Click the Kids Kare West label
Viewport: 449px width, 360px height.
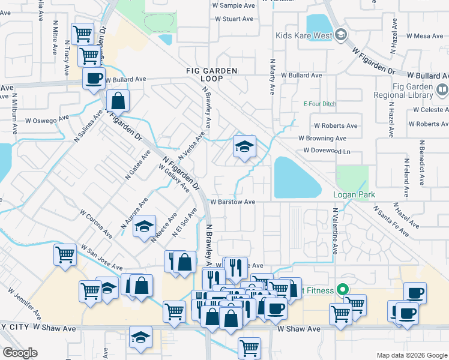point(303,35)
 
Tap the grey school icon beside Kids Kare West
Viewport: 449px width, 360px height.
point(341,35)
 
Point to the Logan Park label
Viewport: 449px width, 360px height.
point(354,194)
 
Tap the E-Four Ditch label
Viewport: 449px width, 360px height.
point(319,104)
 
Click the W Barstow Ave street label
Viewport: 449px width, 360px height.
point(232,202)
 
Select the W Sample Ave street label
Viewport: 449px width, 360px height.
point(234,5)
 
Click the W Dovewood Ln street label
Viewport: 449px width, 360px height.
point(327,151)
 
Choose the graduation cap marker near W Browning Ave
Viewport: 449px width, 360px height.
point(244,147)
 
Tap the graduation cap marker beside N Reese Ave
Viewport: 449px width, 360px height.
point(144,227)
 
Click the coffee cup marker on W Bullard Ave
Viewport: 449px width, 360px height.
point(94,79)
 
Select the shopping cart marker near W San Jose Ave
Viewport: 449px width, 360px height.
point(65,255)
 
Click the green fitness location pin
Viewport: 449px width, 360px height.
point(343,289)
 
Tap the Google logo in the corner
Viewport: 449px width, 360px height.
point(20,353)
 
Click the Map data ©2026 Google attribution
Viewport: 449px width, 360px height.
point(411,355)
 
